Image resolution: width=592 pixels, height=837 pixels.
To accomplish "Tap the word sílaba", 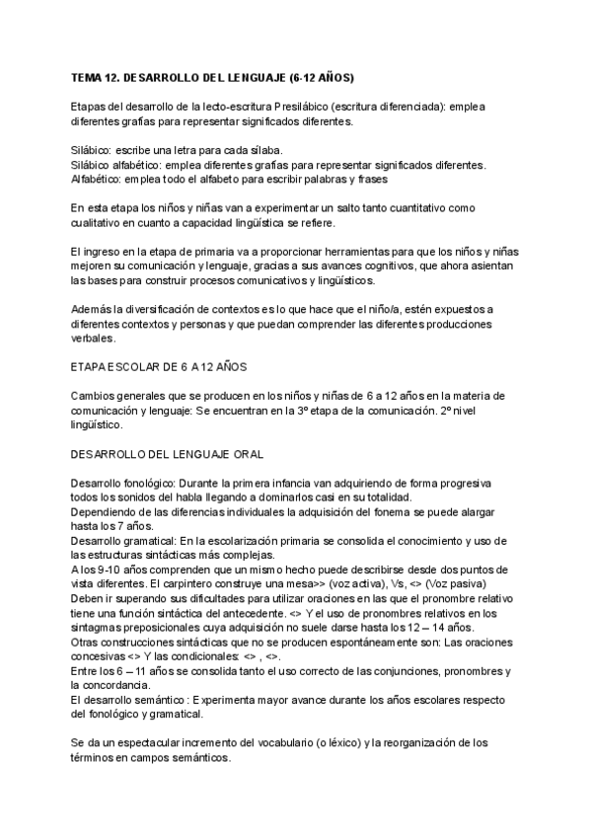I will (252, 149).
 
